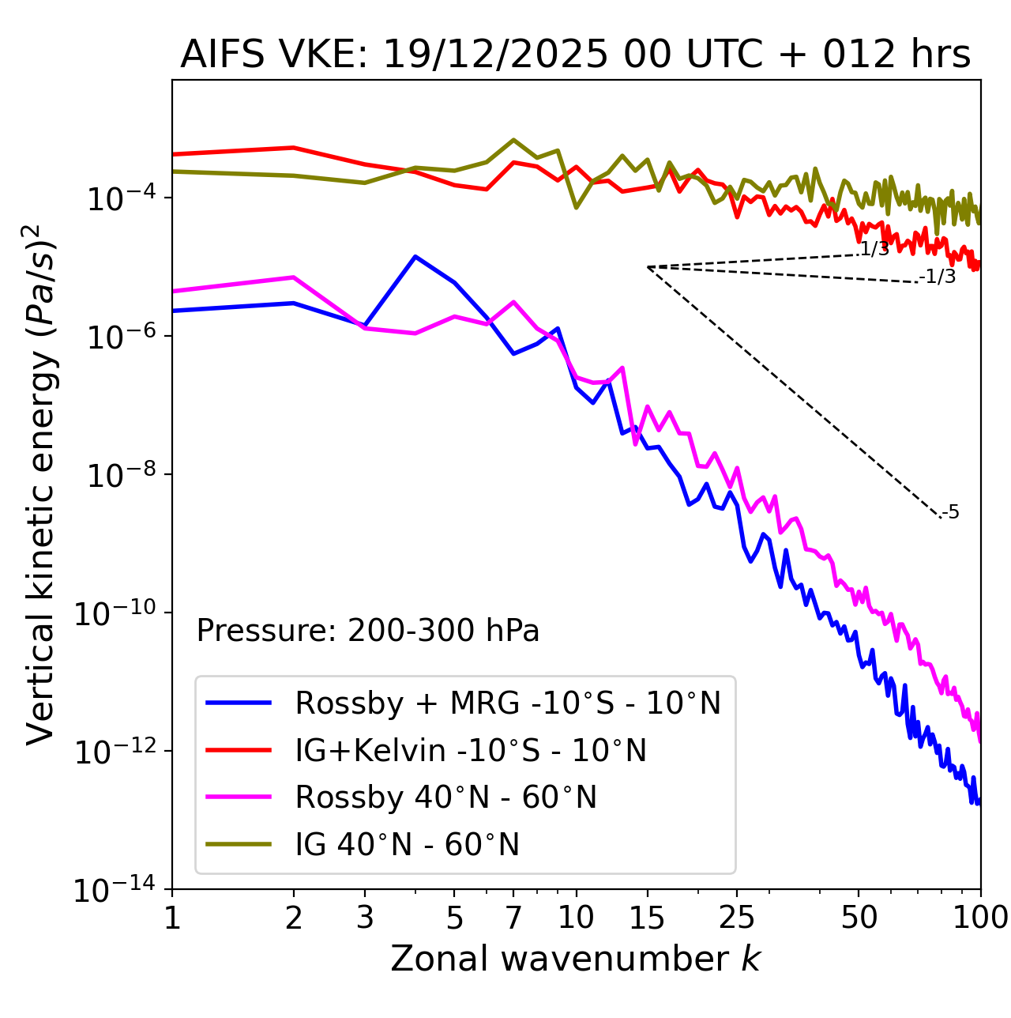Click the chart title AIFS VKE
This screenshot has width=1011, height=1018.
coord(575,55)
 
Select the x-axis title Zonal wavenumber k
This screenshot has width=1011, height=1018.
coord(575,958)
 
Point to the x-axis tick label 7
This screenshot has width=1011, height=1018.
coord(513,918)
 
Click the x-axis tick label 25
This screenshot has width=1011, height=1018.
coord(736,918)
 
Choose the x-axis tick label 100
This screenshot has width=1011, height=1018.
coord(979,918)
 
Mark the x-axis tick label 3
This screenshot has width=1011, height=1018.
coord(365,918)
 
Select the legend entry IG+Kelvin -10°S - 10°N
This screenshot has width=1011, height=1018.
coord(471,750)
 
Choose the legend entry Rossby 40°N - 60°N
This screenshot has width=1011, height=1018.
coord(445,797)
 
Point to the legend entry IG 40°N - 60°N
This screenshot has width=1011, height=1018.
coord(407,845)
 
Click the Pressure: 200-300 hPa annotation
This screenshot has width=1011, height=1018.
coord(367,631)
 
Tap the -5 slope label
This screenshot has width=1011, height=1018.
coord(951,512)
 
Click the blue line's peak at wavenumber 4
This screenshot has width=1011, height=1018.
coord(415,256)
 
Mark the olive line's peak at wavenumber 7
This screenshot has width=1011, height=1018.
coord(513,140)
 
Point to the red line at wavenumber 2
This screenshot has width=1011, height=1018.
coord(294,148)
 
